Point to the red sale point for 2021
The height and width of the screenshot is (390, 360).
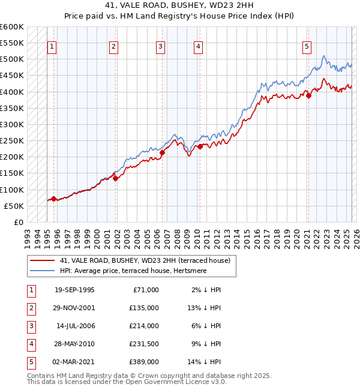pyautogui.click(x=308, y=95)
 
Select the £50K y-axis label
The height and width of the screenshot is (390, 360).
pyautogui.click(x=14, y=206)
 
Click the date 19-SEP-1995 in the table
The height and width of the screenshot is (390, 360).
pyautogui.click(x=74, y=290)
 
